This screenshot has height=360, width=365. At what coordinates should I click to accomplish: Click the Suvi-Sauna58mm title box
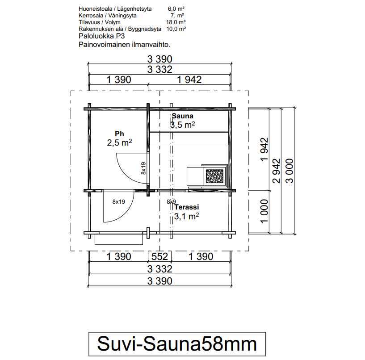(x=177, y=344)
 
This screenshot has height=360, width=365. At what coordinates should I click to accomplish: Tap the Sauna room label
(x=182, y=116)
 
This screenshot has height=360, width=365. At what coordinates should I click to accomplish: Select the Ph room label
(x=119, y=134)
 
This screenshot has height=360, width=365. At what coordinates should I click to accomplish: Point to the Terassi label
(x=187, y=207)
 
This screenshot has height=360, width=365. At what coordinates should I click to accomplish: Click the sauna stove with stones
(x=214, y=176)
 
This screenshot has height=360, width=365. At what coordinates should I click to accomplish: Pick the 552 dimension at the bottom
(x=159, y=256)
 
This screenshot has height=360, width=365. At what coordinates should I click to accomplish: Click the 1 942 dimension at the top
(x=189, y=80)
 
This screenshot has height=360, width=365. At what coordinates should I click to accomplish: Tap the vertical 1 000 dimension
(x=264, y=211)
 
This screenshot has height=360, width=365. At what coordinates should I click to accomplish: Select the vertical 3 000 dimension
(x=289, y=171)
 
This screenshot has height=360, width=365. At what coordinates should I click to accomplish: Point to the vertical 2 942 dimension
(x=277, y=171)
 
